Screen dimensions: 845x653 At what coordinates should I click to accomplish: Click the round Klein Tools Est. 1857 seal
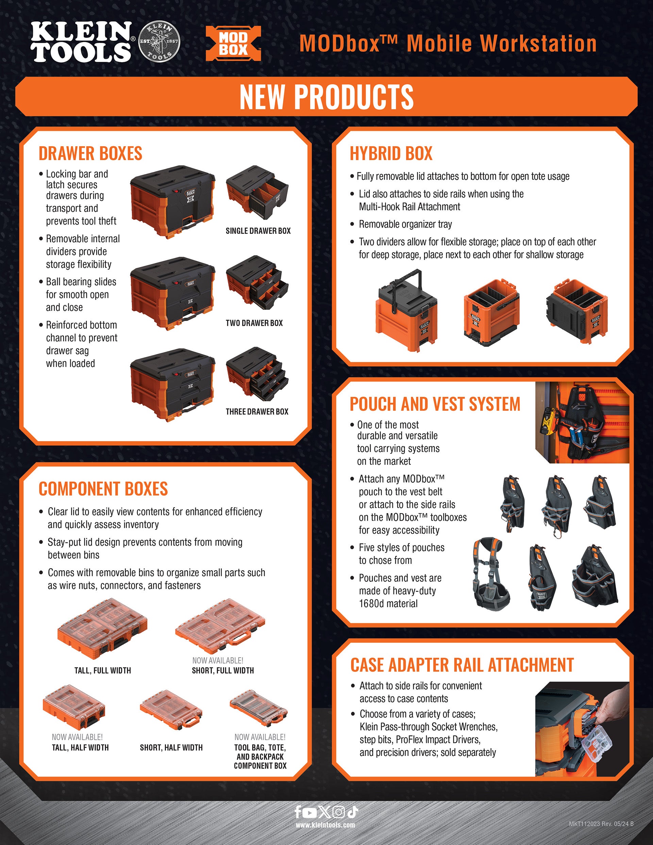[x=159, y=41]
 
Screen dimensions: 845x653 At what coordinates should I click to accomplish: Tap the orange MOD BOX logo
[x=233, y=43]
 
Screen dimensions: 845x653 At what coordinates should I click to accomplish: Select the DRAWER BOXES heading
[x=90, y=153]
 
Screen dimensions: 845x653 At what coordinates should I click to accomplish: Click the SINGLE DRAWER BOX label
[x=258, y=231]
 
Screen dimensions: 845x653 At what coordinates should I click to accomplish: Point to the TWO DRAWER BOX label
[x=254, y=323]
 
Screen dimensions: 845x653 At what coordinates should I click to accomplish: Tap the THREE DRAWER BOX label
[x=257, y=412]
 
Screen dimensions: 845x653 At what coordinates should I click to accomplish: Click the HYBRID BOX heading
[x=391, y=153]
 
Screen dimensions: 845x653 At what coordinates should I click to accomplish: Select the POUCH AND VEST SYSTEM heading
[x=435, y=404]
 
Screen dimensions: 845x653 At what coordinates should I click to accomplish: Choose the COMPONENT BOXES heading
[x=103, y=489]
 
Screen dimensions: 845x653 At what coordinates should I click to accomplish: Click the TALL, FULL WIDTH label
[x=103, y=671]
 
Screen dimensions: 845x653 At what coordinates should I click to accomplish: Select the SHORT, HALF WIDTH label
[x=171, y=747]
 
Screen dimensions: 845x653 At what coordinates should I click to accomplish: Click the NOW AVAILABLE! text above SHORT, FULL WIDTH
[x=218, y=660]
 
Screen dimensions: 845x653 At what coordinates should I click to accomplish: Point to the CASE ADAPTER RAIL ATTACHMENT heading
[x=462, y=665]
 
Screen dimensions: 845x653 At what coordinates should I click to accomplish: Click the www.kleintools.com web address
[x=325, y=825]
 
